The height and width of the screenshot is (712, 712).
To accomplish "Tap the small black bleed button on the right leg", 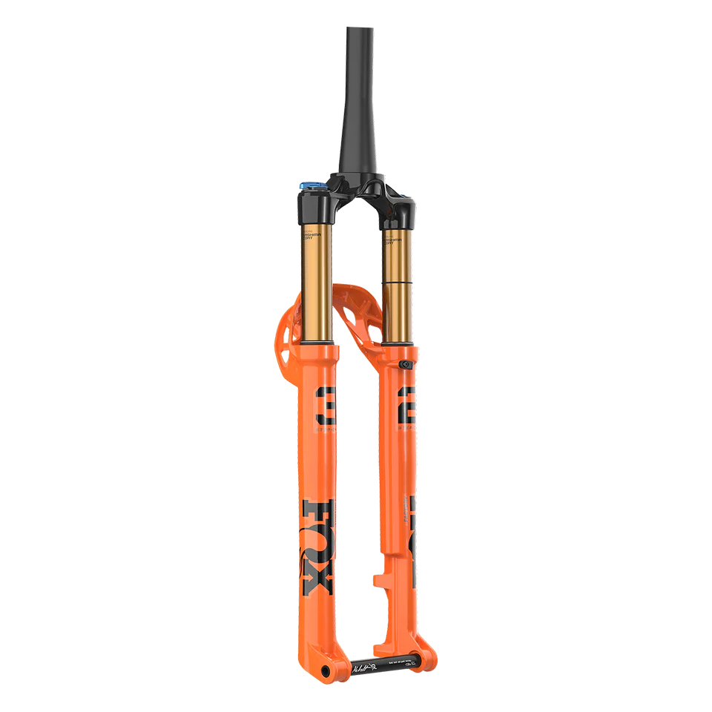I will tap(405, 365).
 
